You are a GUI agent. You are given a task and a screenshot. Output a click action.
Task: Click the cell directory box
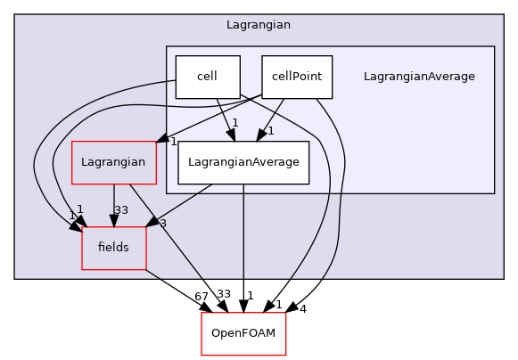[208, 77]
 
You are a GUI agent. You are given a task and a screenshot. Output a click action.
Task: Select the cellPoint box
[296, 77]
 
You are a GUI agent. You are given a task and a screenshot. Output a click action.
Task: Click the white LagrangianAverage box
[243, 162]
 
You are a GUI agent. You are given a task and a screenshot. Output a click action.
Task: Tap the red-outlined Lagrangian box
[113, 162]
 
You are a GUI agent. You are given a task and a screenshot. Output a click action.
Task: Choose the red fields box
[113, 248]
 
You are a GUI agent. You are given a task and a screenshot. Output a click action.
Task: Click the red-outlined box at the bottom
[243, 334]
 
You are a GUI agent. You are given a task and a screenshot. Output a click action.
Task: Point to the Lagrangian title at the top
[259, 24]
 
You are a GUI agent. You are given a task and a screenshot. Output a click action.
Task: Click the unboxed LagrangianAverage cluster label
[419, 77]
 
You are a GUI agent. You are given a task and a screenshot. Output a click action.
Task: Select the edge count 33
[121, 211]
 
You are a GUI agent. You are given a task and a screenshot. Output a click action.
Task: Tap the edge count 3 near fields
[162, 223]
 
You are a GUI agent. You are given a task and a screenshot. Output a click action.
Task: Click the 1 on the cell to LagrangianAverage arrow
[234, 123]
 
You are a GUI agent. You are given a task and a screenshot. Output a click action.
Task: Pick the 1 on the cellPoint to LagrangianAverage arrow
[270, 130]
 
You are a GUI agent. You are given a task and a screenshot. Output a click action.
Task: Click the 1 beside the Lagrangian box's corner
[174, 142]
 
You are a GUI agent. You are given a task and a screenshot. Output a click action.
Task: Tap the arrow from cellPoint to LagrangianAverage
[272, 119]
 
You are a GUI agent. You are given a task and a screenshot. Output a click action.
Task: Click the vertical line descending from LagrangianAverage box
[243, 232]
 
